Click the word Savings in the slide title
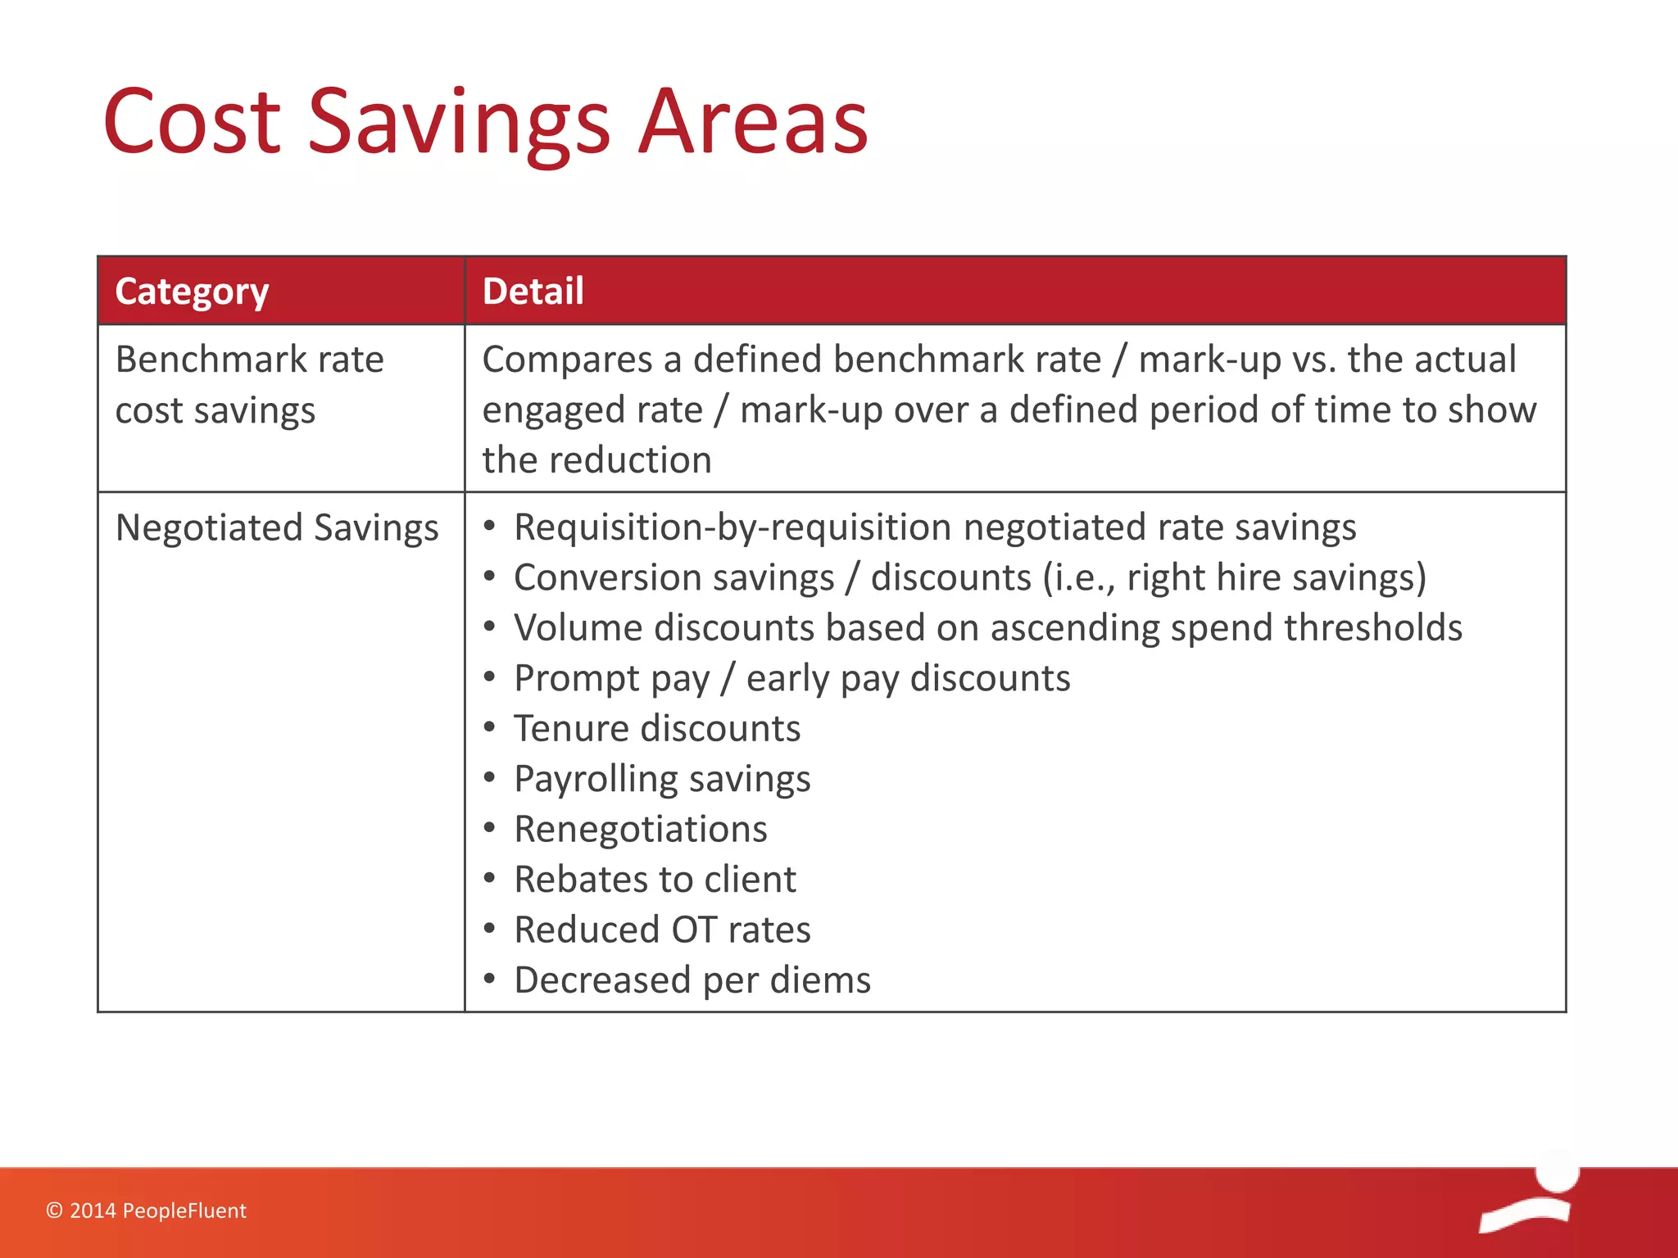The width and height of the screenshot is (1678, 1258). click(x=459, y=123)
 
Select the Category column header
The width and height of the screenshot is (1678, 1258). click(x=192, y=292)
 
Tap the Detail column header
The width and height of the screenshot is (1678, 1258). click(x=533, y=292)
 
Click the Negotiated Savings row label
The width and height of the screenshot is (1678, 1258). click(x=277, y=528)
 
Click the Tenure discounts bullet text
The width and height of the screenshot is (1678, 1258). click(x=657, y=728)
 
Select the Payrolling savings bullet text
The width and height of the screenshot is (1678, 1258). click(x=662, y=779)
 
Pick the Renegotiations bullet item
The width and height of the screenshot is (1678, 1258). click(x=641, y=829)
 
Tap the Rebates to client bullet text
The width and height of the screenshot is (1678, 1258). click(x=655, y=880)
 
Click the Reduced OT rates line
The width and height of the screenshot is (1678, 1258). click(x=662, y=930)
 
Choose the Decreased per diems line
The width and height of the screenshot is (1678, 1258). click(x=692, y=980)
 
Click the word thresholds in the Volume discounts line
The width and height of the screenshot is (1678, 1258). click(x=1373, y=628)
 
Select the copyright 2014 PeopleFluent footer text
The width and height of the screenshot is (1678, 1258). click(x=146, y=1210)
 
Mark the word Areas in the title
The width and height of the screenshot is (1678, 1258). click(x=752, y=123)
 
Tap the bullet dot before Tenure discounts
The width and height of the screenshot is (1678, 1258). click(x=489, y=727)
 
